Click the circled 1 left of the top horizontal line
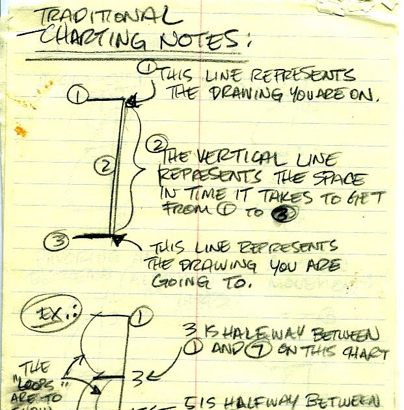coord(79,97)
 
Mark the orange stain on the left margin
coord(21,132)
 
